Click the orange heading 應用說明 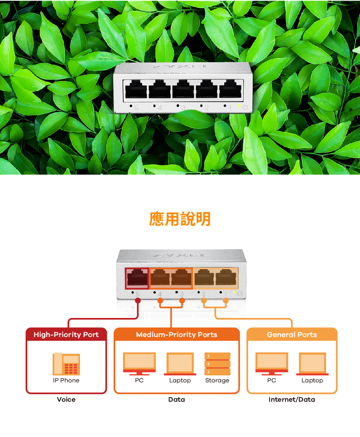tap(180, 219)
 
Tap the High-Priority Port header tap(66, 335)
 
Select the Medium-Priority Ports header tap(177, 335)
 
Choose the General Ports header tap(292, 335)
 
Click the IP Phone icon tap(66, 364)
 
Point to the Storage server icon tap(217, 364)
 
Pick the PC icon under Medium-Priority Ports tap(139, 364)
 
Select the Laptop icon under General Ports tap(312, 364)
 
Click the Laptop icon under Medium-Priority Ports tap(180, 364)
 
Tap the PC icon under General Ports tap(272, 364)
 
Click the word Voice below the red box tap(66, 400)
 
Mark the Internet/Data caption tap(292, 400)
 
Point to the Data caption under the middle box tap(177, 400)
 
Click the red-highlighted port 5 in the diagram tap(137, 278)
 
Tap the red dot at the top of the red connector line tap(138, 300)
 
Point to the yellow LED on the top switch tap(239, 106)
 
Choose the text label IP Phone tap(66, 380)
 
